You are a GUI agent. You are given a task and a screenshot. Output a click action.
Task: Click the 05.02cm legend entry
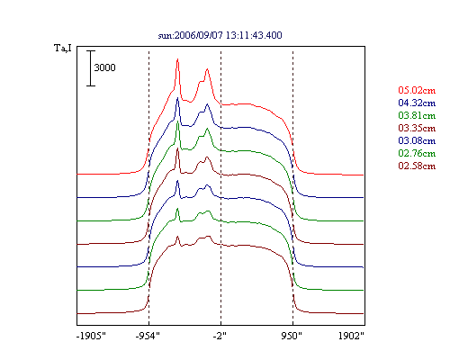click(x=417, y=90)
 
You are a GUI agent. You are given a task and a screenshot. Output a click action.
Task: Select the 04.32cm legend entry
click(x=417, y=103)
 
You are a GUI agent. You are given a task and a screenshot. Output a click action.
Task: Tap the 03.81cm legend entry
click(x=417, y=115)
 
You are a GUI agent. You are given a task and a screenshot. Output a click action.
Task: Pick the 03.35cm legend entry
click(x=417, y=128)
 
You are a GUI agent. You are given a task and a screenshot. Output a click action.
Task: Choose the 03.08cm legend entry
click(x=417, y=140)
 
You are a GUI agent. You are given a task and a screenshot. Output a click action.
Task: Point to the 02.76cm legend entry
click(x=417, y=153)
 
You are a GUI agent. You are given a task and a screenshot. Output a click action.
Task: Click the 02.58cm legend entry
click(x=417, y=166)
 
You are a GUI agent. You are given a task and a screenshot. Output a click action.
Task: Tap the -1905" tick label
click(x=91, y=336)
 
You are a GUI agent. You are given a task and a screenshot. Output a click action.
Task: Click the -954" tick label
click(x=148, y=336)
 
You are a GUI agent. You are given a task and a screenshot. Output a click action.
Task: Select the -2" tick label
click(x=220, y=336)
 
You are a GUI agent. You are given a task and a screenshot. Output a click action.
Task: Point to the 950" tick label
click(x=292, y=336)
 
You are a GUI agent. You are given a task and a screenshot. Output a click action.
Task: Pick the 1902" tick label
click(x=351, y=336)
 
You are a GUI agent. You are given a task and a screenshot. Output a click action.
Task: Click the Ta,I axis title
click(x=63, y=48)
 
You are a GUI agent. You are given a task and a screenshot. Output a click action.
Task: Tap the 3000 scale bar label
click(x=104, y=67)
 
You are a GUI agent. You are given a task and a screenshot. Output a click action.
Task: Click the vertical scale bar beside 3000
click(x=91, y=68)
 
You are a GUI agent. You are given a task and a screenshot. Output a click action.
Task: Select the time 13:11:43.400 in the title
click(x=254, y=35)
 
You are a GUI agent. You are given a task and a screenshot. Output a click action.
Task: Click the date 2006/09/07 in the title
click(x=199, y=35)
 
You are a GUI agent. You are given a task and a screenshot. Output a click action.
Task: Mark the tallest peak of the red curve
click(x=177, y=59)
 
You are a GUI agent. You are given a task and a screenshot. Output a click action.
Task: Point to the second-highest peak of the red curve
click(x=207, y=69)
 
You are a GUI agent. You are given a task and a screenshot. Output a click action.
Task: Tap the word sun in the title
click(x=165, y=36)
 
